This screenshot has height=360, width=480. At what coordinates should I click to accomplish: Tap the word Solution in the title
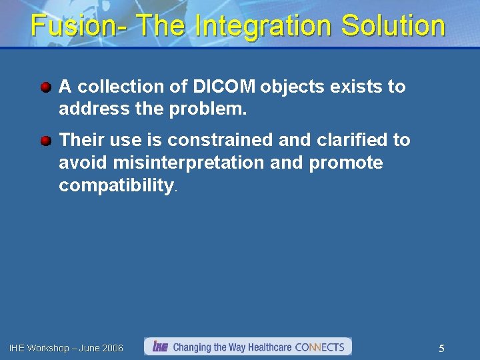[x=393, y=27]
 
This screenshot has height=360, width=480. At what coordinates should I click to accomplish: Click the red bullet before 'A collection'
[x=45, y=87]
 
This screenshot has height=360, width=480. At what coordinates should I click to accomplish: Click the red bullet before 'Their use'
[x=45, y=141]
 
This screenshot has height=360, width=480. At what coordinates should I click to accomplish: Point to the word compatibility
[x=116, y=185]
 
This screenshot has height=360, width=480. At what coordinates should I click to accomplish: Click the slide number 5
[x=441, y=348]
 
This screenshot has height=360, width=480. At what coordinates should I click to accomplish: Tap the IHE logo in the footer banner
[x=160, y=347]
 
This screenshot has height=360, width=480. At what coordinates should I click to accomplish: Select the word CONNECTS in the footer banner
[x=319, y=347]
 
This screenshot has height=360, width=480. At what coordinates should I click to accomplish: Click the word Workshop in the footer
[x=47, y=348]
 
